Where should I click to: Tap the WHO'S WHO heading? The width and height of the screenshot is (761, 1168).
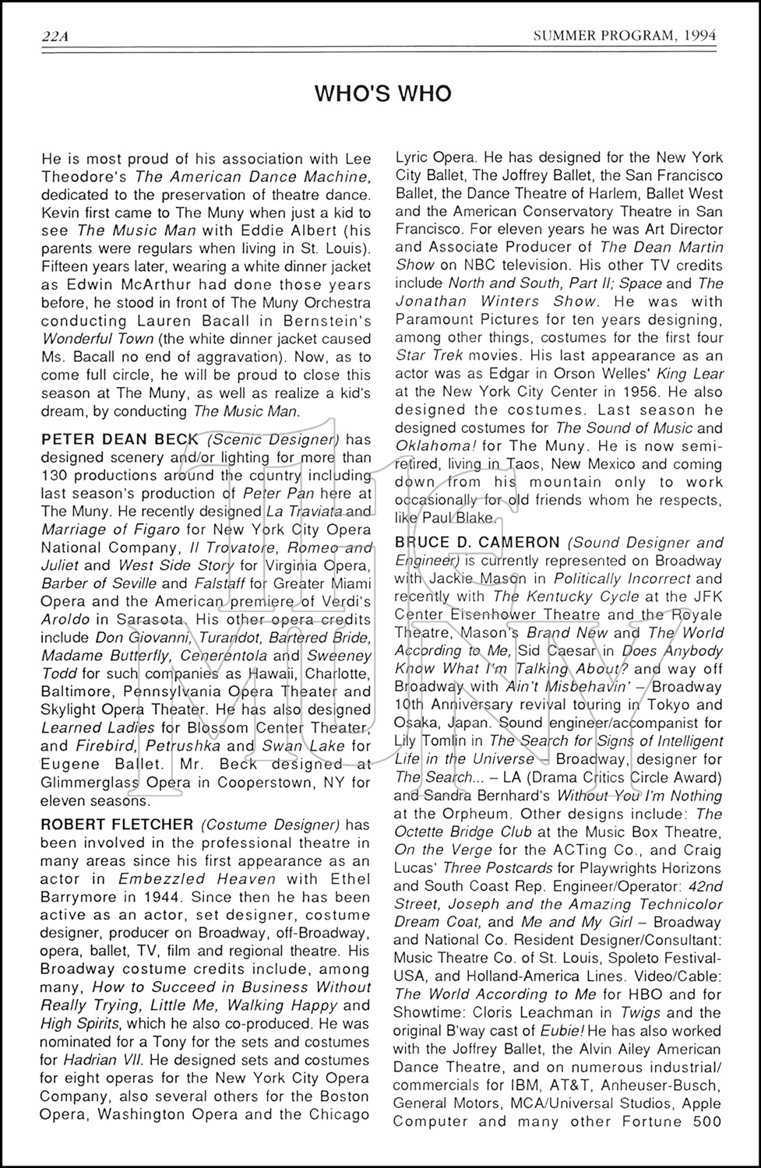pyautogui.click(x=382, y=94)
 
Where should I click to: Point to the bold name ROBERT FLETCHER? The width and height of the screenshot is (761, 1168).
pyautogui.click(x=117, y=824)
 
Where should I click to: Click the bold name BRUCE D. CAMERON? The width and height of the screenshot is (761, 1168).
pyautogui.click(x=477, y=542)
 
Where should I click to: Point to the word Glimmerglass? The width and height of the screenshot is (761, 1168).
pyautogui.click(x=86, y=782)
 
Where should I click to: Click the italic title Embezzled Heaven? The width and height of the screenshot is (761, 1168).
pyautogui.click(x=197, y=878)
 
